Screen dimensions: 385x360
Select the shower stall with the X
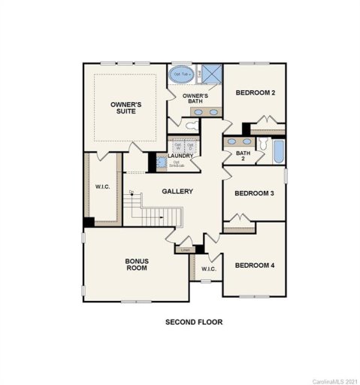tap(210, 74)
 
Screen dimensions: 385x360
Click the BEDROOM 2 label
tap(255, 92)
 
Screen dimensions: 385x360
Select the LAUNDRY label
tap(180, 156)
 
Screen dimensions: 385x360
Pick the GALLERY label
tap(177, 191)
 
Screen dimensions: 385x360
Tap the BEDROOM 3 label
tap(254, 193)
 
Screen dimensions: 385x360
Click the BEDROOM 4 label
tap(254, 265)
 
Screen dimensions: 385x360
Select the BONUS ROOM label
tap(137, 265)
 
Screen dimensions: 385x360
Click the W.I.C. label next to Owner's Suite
tap(102, 186)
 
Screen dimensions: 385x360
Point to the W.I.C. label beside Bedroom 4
tap(208, 268)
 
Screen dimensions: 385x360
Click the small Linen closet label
tap(186, 250)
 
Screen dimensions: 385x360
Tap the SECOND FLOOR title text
tap(194, 322)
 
